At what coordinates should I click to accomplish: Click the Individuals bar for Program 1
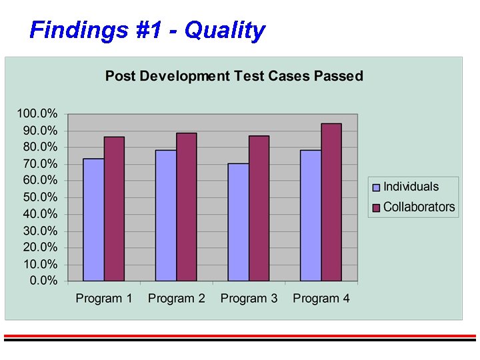click(93, 220)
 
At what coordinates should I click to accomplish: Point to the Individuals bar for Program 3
click(238, 222)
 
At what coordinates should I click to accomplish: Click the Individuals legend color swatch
click(376, 188)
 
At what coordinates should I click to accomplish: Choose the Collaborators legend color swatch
click(376, 208)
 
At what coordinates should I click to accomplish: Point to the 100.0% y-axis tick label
click(37, 113)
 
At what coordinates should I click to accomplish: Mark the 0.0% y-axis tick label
click(43, 281)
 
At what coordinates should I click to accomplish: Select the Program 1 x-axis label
click(104, 299)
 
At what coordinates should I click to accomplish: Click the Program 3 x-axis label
click(249, 299)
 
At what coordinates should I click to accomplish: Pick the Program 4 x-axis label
click(321, 299)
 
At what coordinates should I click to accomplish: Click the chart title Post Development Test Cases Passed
click(234, 76)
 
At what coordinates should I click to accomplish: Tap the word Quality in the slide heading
click(225, 30)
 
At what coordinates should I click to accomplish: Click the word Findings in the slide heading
click(71, 30)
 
